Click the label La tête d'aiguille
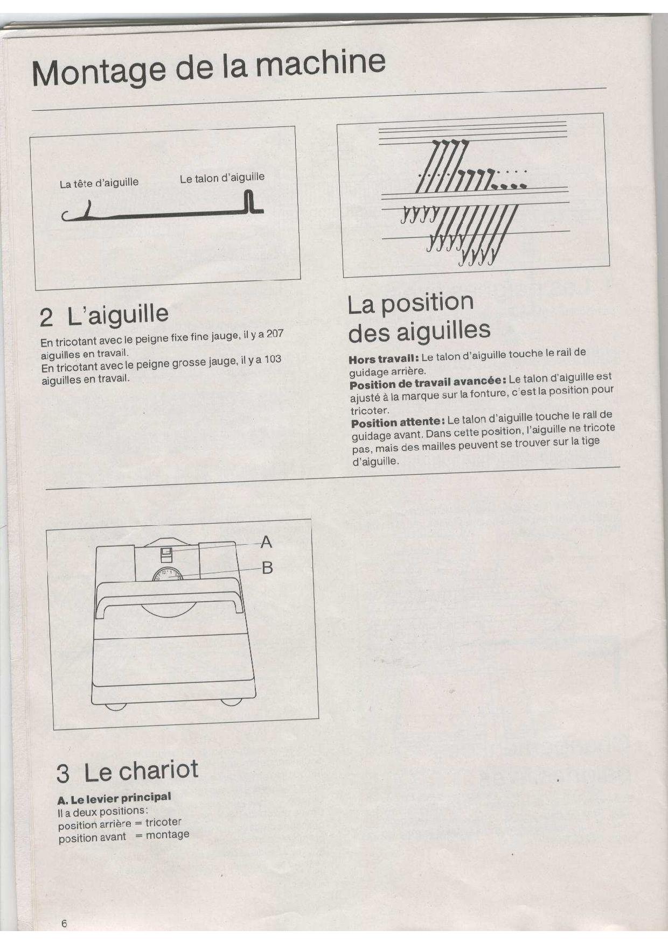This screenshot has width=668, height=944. [x=99, y=183]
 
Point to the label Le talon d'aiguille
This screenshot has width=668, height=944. [x=222, y=178]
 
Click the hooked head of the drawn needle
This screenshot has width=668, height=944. [x=78, y=213]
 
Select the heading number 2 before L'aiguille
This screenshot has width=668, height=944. [x=46, y=319]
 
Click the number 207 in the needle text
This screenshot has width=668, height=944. [x=275, y=334]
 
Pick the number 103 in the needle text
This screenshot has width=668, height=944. [x=273, y=359]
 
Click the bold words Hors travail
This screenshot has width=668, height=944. [x=384, y=358]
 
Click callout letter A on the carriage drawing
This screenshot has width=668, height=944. [x=266, y=543]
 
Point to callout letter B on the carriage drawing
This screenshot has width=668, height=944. [x=267, y=567]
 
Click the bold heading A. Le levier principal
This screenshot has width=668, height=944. [x=114, y=798]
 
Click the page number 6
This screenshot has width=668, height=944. [x=64, y=923]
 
